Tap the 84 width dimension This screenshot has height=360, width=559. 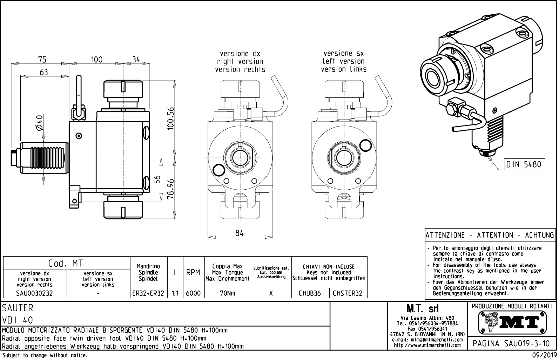tap(240, 233)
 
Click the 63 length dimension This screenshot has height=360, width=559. tap(44, 72)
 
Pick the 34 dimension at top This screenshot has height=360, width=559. tap(136, 60)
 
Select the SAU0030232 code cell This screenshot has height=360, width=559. tap(34, 293)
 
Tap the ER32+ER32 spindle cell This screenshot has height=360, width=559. tap(148, 293)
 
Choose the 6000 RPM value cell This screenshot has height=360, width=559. tap(193, 293)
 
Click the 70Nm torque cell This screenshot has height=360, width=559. tap(228, 293)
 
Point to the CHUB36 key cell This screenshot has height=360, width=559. tap(310, 293)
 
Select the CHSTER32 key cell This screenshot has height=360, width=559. tap(348, 293)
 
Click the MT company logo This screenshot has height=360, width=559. tap(512, 322)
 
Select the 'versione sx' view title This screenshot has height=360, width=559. tap(344, 54)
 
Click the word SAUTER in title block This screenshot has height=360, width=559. tap(18, 308)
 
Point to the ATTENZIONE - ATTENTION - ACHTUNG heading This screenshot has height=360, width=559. tap(490, 235)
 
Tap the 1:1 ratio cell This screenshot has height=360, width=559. tap(174, 293)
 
